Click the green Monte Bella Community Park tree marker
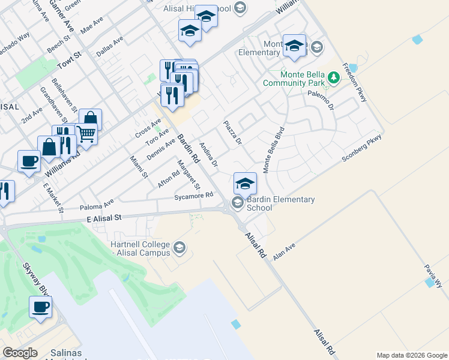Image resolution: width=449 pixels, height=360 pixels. [334, 78]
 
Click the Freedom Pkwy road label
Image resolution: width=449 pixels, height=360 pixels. [354, 82]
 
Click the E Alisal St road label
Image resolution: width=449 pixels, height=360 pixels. [104, 220]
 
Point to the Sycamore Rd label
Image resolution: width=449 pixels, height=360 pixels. [193, 196]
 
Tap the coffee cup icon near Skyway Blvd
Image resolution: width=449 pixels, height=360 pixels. [41, 307]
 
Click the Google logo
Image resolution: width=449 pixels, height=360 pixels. [20, 353]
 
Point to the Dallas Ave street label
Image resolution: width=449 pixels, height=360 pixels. [110, 46]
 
